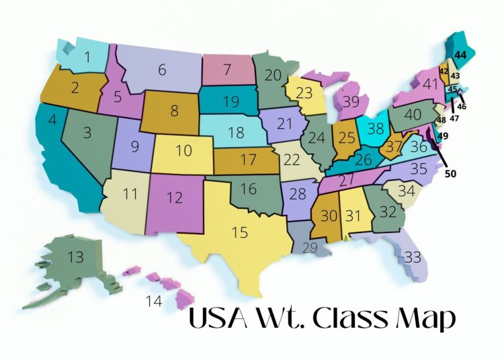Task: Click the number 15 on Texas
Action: tap(240, 233)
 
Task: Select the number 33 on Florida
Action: tap(413, 257)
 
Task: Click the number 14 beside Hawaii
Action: tap(154, 301)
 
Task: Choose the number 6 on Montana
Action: tap(162, 69)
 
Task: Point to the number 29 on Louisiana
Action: tap(310, 248)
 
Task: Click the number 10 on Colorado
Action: tap(184, 150)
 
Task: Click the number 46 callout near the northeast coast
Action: tap(462, 106)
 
